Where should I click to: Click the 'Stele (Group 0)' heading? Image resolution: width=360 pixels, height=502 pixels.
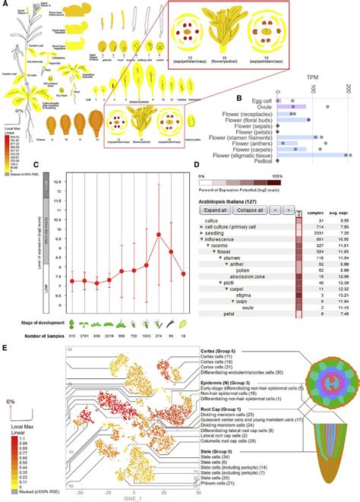tap(216, 453)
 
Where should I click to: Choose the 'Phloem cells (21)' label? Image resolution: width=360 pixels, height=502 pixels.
tap(224, 485)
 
